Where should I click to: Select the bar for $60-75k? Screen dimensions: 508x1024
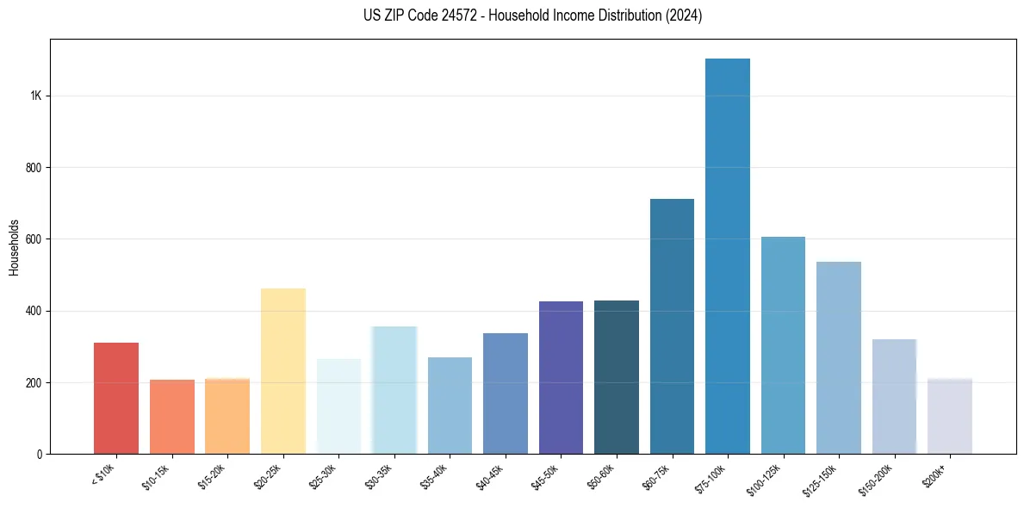tap(672, 326)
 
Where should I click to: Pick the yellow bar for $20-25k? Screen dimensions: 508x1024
tap(282, 371)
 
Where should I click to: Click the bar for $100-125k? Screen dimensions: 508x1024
tap(783, 345)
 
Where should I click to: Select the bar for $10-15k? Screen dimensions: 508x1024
tap(171, 417)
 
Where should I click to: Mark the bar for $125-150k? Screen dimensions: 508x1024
tap(838, 357)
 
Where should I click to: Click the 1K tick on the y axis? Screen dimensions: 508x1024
tap(36, 96)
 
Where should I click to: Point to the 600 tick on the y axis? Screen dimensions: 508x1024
tap(34, 239)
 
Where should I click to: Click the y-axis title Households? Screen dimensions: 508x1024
tap(15, 246)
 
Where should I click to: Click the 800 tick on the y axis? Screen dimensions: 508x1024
tap(34, 167)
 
